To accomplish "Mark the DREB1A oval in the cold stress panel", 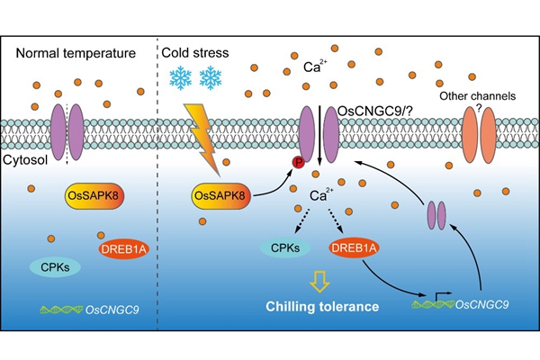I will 355,246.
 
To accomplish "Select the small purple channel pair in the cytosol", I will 436,215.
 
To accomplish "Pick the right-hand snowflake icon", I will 210,79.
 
